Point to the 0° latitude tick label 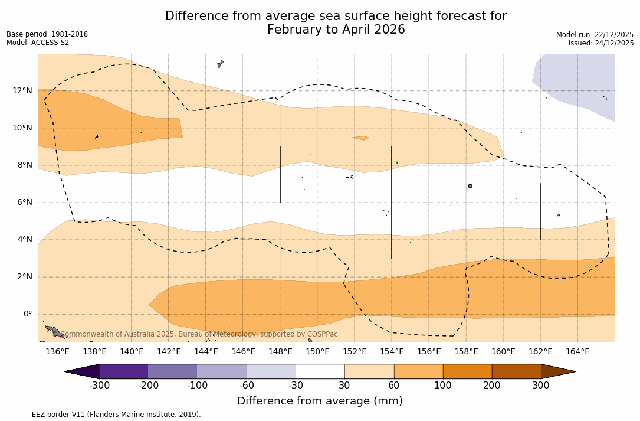[27, 314]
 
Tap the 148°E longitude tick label [280, 351]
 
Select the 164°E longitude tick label [577, 351]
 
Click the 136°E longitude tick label [57, 351]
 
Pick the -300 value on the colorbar [100, 386]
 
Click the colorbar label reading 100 [443, 386]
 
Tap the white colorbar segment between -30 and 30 [320, 371]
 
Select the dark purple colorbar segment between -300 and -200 [124, 371]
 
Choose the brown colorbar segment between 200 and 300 [516, 371]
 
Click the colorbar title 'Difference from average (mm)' [320, 401]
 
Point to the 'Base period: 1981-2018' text [47, 34]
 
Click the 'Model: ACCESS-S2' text [38, 43]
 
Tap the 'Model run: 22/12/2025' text [595, 35]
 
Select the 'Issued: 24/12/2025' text [601, 43]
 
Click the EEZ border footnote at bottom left [104, 415]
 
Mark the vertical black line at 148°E [280, 174]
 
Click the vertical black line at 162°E [540, 211]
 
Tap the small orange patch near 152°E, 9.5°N [361, 138]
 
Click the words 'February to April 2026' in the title [336, 30]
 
